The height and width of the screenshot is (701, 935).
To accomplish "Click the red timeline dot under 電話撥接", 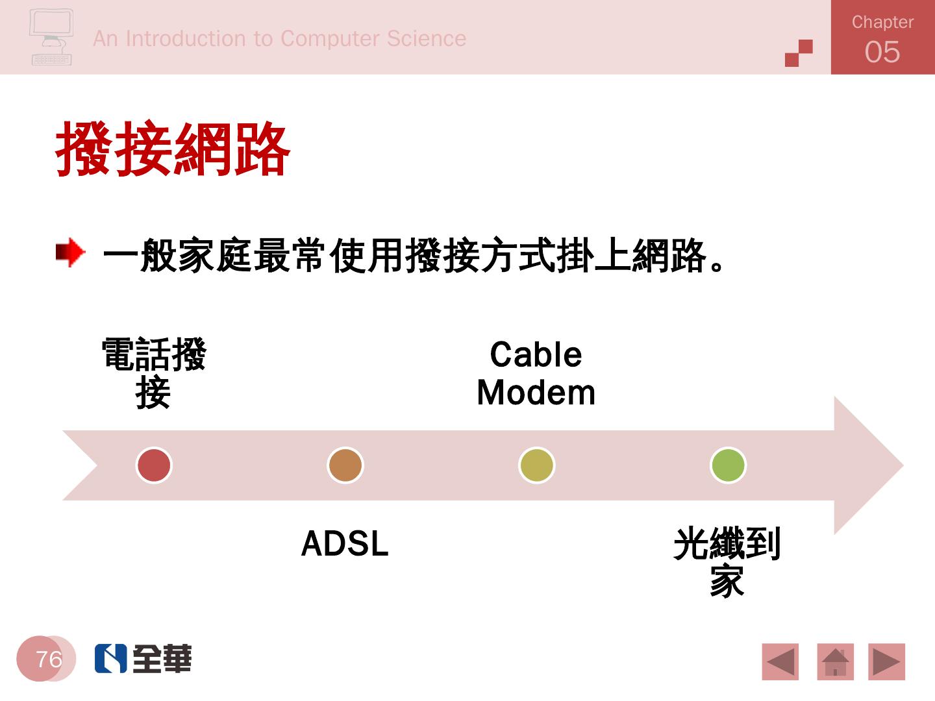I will (x=154, y=465).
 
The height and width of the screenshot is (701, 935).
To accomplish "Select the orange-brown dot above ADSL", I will (x=345, y=465).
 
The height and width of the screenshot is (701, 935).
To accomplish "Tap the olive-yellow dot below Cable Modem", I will (x=536, y=465).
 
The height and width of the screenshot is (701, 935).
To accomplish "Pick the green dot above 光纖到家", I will (x=728, y=465).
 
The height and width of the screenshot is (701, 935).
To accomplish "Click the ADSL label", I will (x=345, y=544).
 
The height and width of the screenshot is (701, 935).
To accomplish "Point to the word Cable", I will (x=536, y=355).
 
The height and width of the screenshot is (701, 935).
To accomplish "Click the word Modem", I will (x=536, y=393).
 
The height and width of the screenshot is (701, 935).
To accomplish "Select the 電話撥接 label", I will (x=154, y=373).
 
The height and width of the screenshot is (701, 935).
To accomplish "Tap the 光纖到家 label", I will (x=727, y=562).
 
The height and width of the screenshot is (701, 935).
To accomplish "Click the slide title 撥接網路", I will (x=173, y=150).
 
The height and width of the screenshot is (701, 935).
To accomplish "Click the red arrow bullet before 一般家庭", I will (x=70, y=252).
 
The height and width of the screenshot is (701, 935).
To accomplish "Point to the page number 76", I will (x=49, y=659).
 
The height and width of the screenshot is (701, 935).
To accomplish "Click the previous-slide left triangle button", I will (x=780, y=662).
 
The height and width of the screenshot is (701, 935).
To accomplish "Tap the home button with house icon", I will (x=835, y=662).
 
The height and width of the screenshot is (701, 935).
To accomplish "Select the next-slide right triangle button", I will (x=886, y=662).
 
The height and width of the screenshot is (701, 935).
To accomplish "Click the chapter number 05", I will (x=882, y=52).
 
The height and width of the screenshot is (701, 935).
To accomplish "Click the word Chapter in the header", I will (x=882, y=22).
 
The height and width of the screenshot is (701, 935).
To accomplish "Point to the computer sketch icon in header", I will (x=51, y=37).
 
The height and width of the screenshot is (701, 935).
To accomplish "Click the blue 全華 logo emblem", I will (x=110, y=658).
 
